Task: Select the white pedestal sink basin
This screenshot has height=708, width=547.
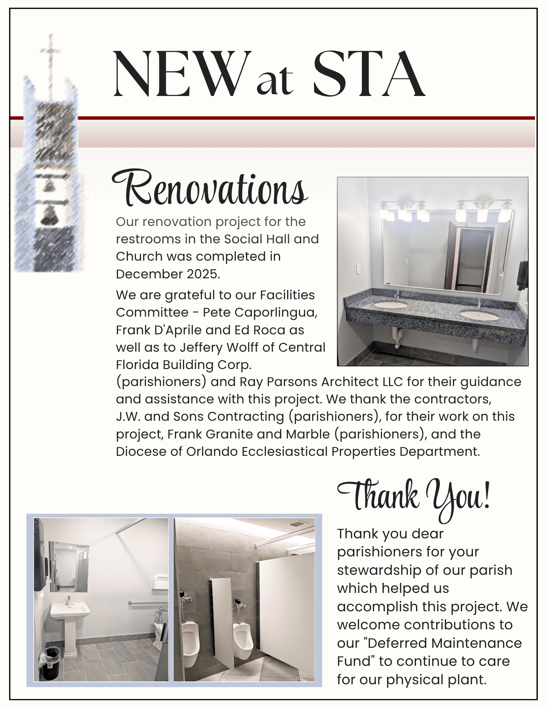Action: (x=70, y=610)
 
